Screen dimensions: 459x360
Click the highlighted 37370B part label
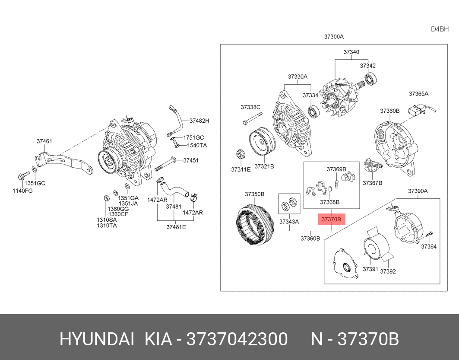(332, 220)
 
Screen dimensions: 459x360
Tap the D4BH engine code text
(440, 29)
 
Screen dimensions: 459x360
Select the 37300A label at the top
(334, 37)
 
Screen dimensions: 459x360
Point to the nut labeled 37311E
(238, 155)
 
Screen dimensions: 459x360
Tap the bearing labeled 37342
(370, 79)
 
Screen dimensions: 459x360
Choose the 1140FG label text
(23, 190)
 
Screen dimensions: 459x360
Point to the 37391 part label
(370, 269)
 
